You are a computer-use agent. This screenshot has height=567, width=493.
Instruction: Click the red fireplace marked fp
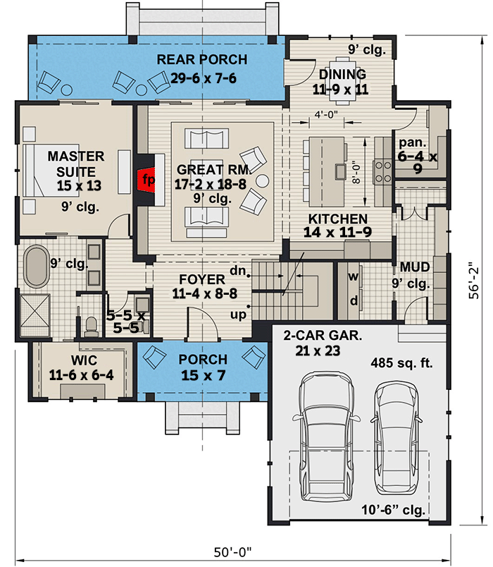click(x=147, y=179)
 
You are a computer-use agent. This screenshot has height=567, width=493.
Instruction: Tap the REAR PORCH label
click(x=202, y=60)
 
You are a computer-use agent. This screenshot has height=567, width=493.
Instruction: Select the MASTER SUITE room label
click(x=76, y=163)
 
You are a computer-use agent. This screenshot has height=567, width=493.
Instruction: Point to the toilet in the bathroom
click(x=90, y=325)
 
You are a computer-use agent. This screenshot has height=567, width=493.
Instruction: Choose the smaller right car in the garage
click(x=395, y=437)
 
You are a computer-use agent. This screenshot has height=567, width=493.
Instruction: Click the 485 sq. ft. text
click(x=401, y=364)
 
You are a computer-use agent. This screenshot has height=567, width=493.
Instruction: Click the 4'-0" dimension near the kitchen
click(x=326, y=116)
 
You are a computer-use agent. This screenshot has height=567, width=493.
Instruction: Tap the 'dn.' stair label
click(x=238, y=270)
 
